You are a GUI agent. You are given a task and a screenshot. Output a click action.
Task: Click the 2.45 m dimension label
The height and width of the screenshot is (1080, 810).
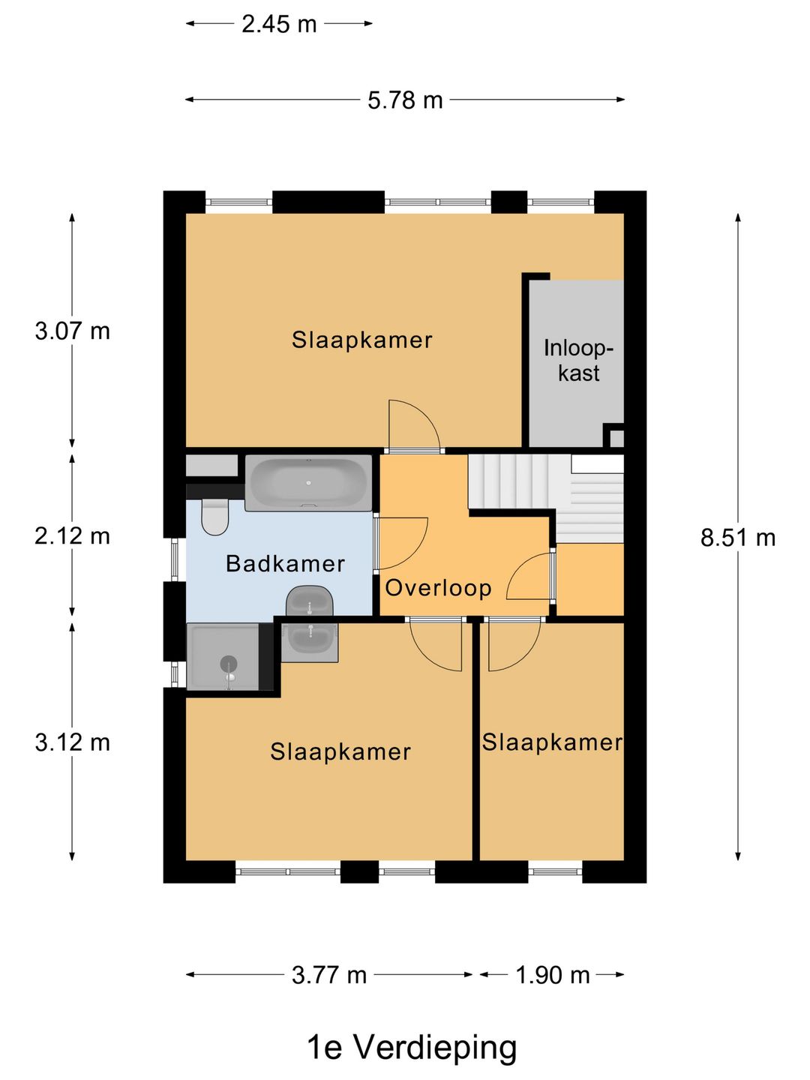coord(279,24)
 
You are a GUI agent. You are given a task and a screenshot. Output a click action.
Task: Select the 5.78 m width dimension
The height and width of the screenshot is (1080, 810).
coord(405,100)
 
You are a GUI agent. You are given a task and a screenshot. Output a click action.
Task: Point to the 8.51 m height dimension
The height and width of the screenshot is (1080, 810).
coord(738,538)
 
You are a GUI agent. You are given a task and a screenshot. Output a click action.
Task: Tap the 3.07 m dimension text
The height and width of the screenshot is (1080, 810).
coord(72,331)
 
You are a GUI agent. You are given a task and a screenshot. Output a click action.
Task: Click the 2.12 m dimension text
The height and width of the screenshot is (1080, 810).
coord(72,535)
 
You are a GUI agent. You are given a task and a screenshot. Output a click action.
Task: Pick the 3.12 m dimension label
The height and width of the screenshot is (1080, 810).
coord(72,742)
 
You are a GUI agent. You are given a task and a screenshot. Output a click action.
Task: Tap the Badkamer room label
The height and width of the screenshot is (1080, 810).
coord(285,564)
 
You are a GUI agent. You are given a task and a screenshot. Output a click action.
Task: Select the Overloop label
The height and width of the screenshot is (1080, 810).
coord(438,588)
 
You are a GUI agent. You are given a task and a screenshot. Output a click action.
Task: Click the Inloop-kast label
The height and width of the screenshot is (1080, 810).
coord(578,361)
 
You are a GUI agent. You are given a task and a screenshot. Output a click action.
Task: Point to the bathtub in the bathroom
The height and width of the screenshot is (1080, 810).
coord(308,483)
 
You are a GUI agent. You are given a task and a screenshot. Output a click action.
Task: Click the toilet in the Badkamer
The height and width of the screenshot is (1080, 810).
coord(215,517)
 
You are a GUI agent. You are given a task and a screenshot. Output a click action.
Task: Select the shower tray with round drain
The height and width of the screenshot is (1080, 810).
coord(223,656)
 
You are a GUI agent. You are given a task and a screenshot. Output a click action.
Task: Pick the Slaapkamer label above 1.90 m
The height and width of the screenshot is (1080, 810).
coord(552,742)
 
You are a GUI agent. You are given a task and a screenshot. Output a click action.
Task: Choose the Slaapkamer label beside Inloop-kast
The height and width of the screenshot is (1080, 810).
coord(362,340)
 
